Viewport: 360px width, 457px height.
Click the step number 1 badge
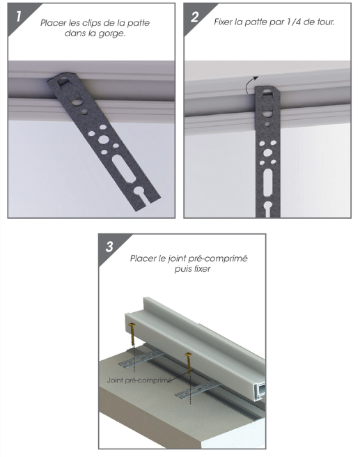pos(18,17)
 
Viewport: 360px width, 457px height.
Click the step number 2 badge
pos(194,17)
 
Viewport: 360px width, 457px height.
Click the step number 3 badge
pos(109,247)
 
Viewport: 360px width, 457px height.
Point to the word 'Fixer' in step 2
pos(224,22)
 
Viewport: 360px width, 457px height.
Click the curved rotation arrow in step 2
pos(251,84)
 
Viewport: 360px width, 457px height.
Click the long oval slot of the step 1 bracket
pos(123,169)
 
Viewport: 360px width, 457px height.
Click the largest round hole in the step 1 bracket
pos(103,139)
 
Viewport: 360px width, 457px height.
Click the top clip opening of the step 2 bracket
pos(268,93)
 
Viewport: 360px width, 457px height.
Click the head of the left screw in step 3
pos(132,325)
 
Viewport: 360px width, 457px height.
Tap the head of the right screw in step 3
pos(188,355)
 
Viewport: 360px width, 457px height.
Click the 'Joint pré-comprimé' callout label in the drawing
pos(139,380)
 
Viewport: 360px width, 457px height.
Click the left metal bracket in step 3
pos(141,359)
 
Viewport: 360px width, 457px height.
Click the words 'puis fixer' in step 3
pos(192,268)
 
